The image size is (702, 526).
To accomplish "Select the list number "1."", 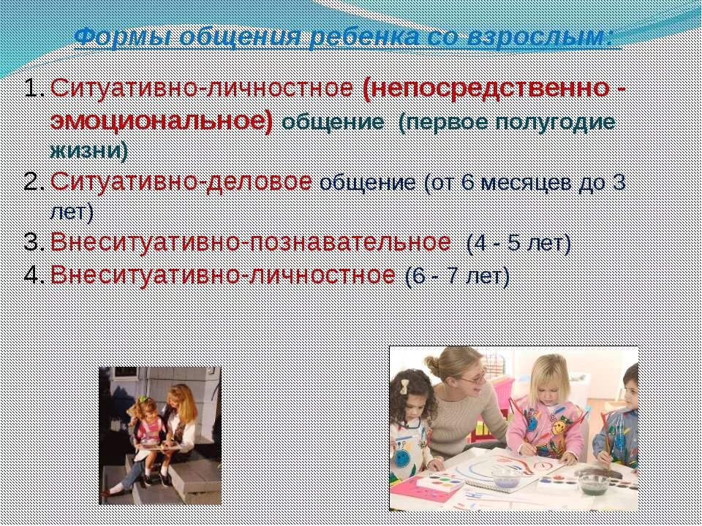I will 34,89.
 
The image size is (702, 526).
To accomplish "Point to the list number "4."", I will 34,276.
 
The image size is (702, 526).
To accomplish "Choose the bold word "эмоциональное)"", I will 162,121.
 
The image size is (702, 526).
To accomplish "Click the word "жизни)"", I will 88,152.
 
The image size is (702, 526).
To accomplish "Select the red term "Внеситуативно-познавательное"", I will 251,243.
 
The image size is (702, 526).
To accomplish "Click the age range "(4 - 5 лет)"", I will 518,243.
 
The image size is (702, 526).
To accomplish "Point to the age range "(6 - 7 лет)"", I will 456,276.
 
